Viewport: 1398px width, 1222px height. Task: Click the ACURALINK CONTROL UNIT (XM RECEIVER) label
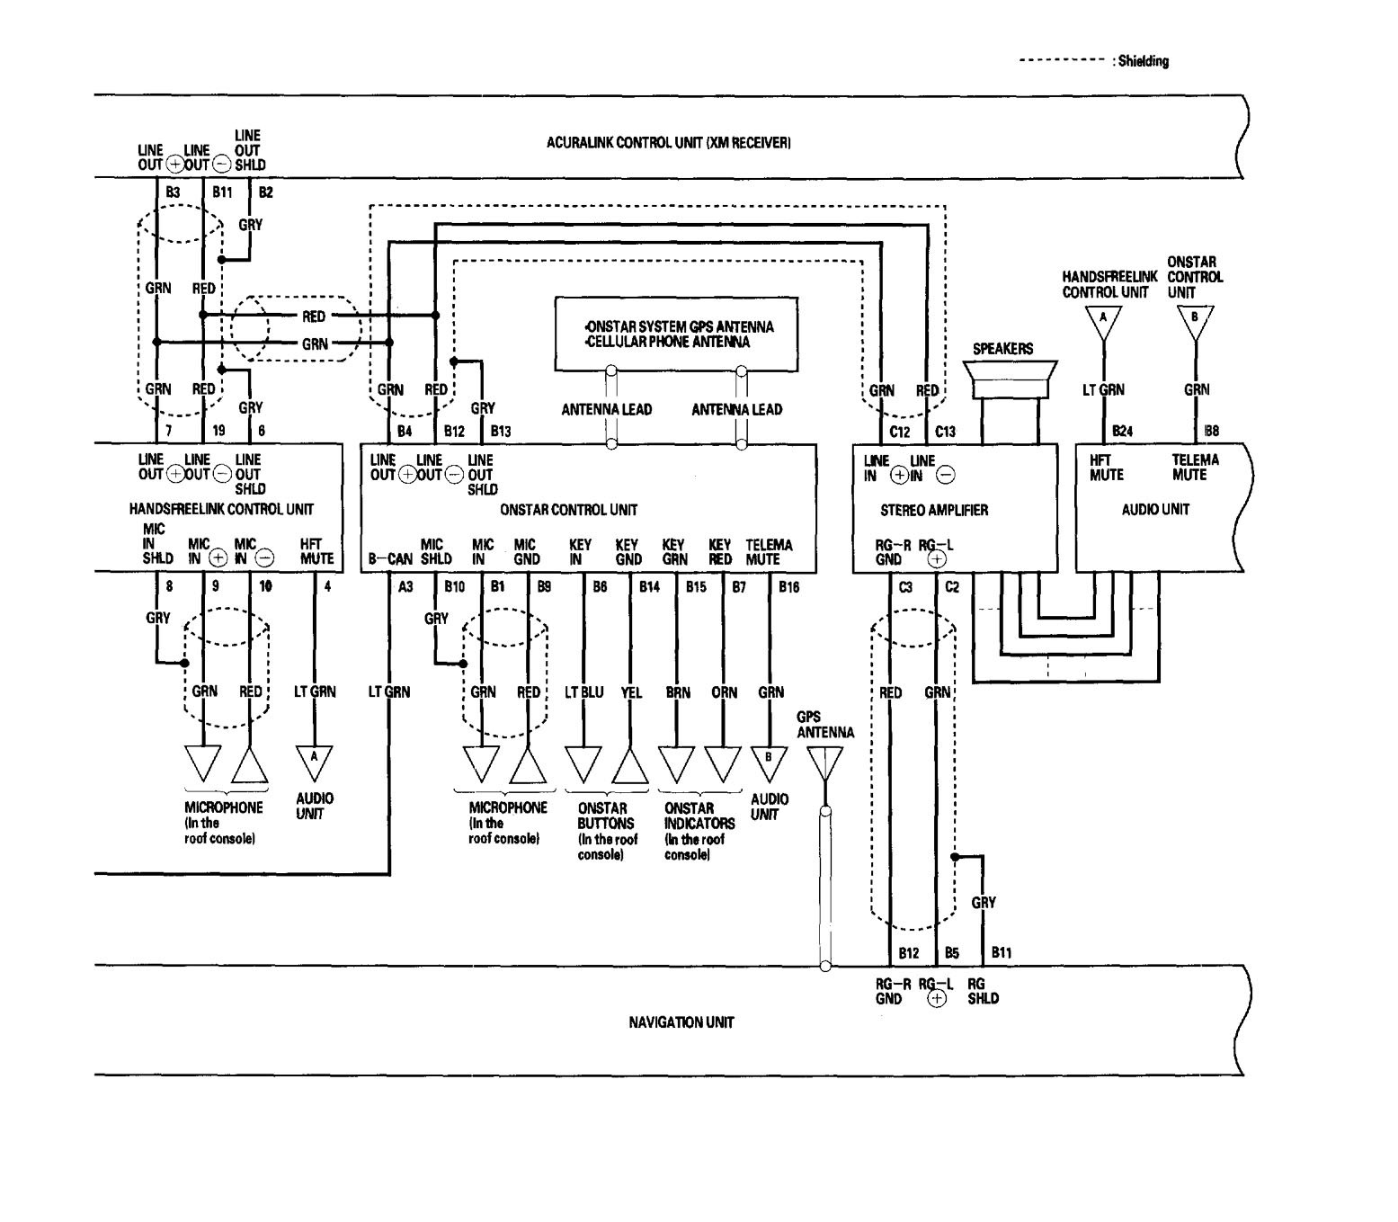tap(668, 142)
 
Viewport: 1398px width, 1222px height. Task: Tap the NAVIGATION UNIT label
tap(681, 1022)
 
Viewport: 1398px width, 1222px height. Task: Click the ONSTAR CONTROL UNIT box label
tap(568, 510)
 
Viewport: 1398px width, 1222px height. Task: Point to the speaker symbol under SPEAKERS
tap(1010, 378)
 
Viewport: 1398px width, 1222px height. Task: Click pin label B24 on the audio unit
tap(1122, 432)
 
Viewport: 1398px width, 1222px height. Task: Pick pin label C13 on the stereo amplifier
tap(945, 432)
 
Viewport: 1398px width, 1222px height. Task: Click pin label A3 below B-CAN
tap(405, 587)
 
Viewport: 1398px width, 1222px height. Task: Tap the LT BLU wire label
tap(583, 692)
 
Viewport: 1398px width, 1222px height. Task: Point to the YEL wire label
tap(631, 692)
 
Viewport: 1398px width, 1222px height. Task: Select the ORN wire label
tap(724, 692)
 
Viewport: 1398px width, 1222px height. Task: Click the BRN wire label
tap(678, 692)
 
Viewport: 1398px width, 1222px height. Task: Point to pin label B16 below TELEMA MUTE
tap(788, 587)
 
